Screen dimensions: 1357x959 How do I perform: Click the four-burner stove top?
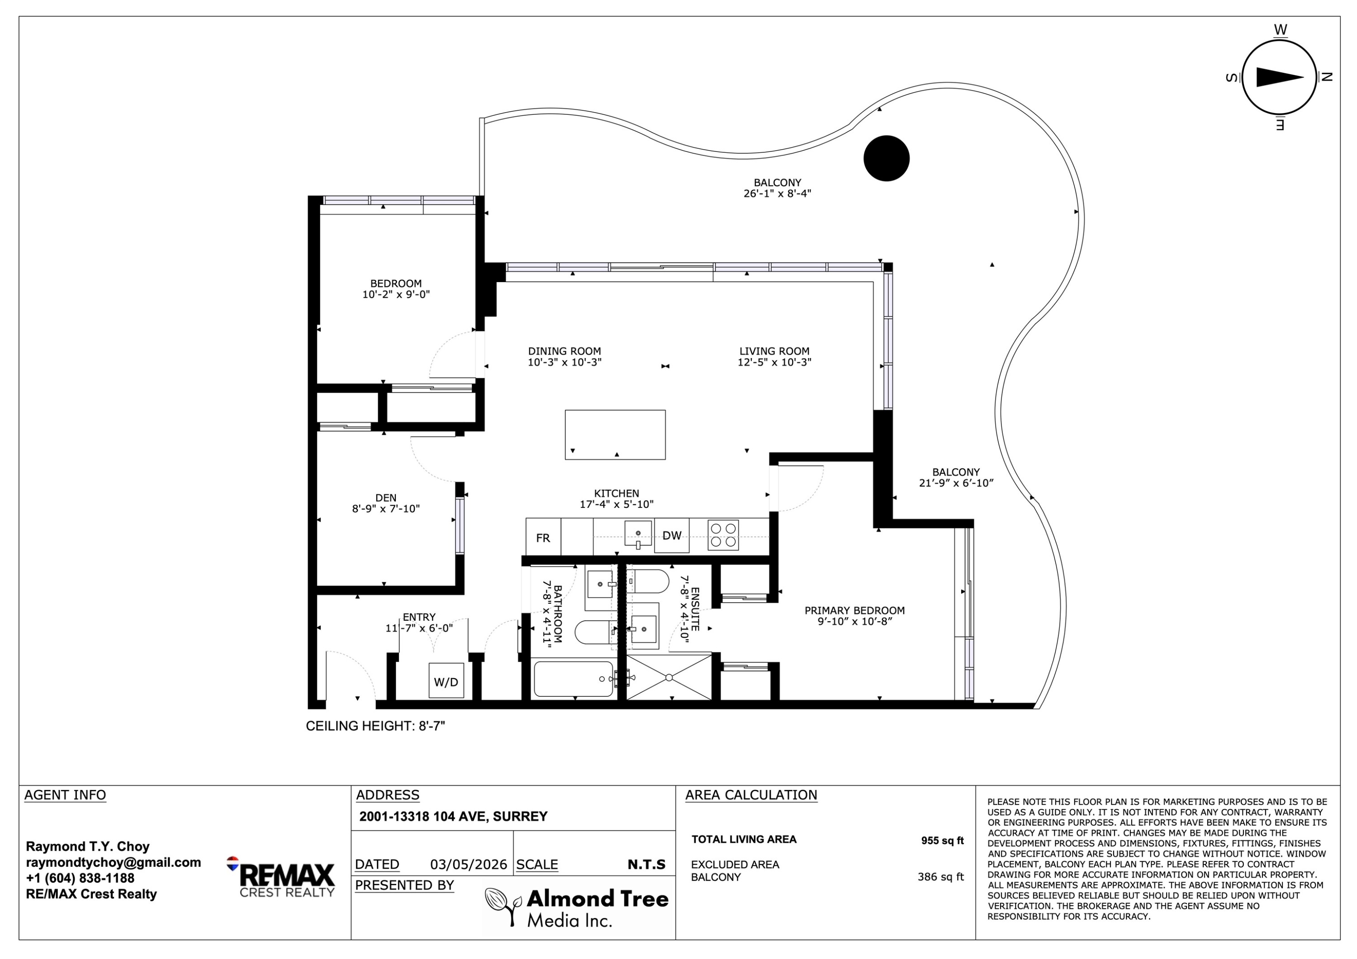pos(723,535)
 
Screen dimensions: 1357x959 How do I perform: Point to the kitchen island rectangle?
pos(615,435)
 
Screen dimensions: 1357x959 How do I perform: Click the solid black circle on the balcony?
pos(887,158)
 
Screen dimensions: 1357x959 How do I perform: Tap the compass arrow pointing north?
pos(1280,77)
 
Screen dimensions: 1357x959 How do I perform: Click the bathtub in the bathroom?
pos(573,679)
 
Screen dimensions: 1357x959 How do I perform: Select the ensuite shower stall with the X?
pos(669,677)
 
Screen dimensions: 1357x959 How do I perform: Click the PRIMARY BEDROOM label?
pos(854,610)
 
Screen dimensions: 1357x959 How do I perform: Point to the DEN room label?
pos(386,498)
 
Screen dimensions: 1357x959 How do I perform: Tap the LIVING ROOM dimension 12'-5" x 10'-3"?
pos(774,362)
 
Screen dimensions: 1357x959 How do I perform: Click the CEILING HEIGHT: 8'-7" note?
pos(375,726)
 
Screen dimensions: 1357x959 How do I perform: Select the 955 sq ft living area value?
pos(942,840)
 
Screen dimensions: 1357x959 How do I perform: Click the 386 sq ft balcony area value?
pos(940,877)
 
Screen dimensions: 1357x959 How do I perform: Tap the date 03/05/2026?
pos(469,865)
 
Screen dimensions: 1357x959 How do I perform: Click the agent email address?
pos(114,863)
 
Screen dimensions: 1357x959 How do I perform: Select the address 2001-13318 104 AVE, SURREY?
pos(453,817)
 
